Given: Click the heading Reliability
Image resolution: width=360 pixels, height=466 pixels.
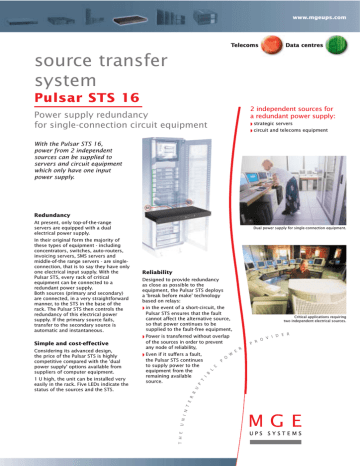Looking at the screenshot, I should [x=164, y=272].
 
